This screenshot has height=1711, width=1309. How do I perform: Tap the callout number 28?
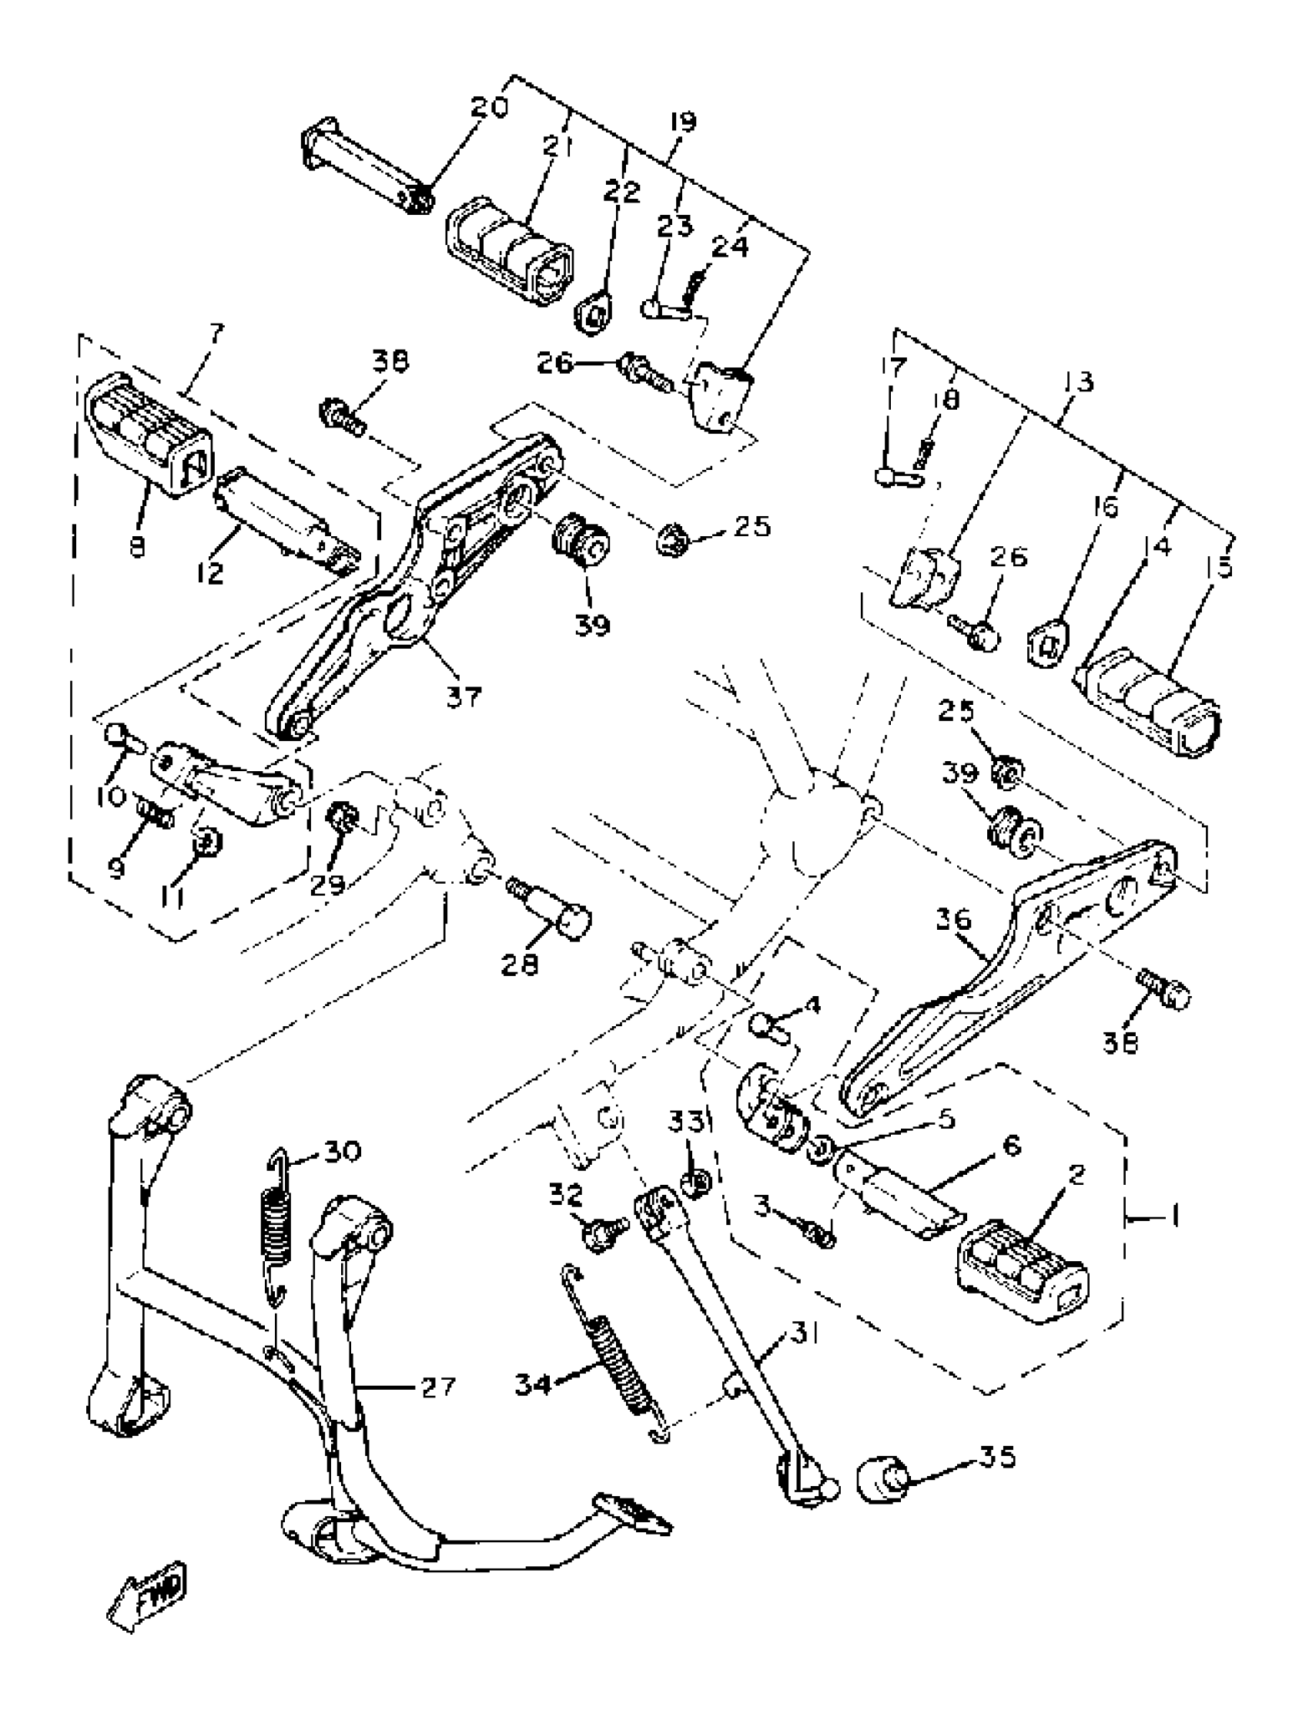(x=520, y=965)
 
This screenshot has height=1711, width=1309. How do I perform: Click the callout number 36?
(x=954, y=920)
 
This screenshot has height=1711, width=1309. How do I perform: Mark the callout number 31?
(x=804, y=1333)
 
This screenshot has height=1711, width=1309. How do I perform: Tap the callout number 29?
(x=327, y=886)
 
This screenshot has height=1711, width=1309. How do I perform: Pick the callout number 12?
(x=210, y=573)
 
